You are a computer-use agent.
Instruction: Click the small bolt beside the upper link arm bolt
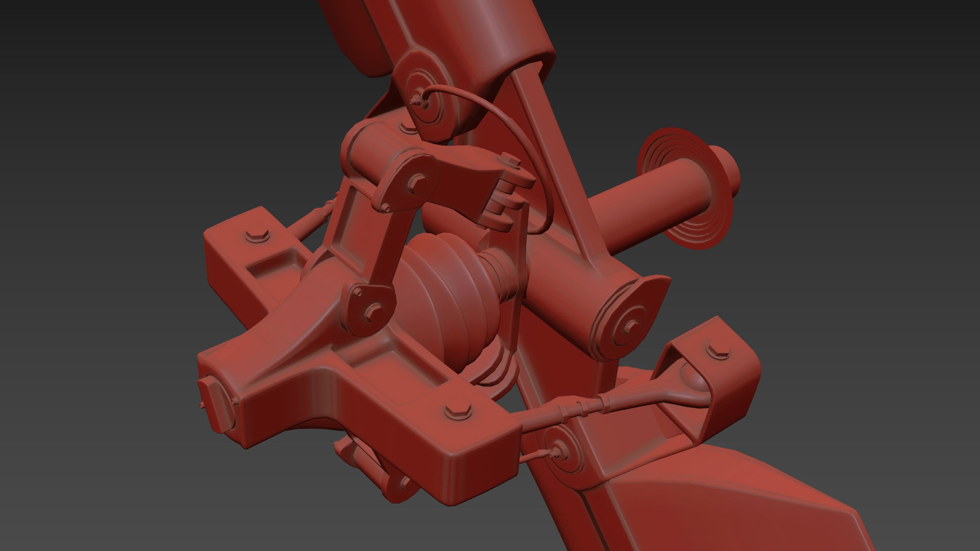click(x=386, y=208)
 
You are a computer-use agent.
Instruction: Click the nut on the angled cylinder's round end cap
click(x=631, y=325)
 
